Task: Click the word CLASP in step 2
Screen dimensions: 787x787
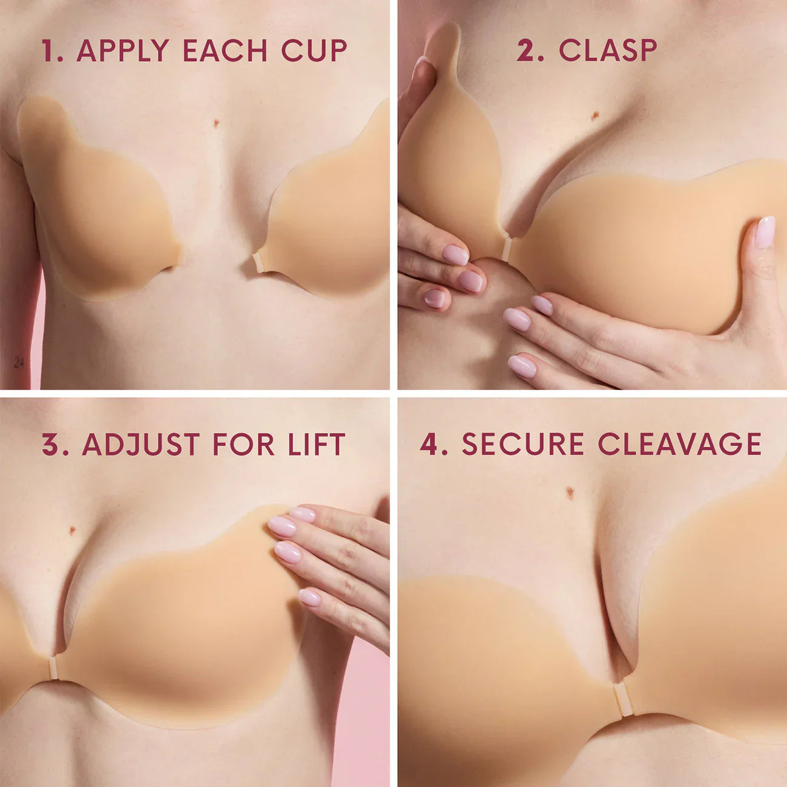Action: pos(607,50)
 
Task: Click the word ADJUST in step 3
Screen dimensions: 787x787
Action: pos(143,444)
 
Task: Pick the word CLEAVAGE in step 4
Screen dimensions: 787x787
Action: pos(679,444)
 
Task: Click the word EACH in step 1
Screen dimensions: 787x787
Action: pos(225,51)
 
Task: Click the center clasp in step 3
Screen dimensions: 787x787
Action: pos(53,668)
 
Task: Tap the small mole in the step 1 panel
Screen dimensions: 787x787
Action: pos(216,123)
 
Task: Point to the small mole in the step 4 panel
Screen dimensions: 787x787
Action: pos(570,493)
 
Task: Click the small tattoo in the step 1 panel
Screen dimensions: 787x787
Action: pos(19,363)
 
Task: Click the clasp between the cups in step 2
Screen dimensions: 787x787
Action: pos(506,249)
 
